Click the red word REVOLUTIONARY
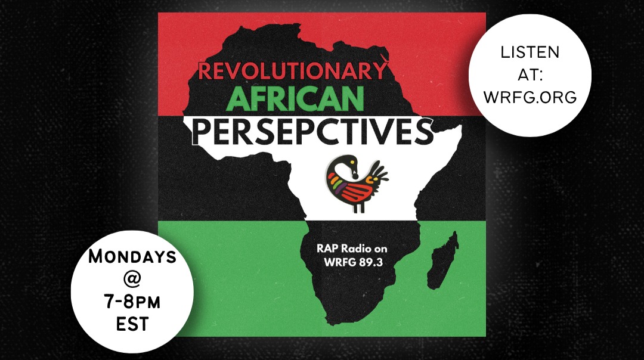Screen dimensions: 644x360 click(x=293, y=70)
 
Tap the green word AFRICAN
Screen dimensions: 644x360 click(x=295, y=99)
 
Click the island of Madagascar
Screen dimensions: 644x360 click(x=442, y=260)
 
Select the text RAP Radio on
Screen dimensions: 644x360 click(x=352, y=249)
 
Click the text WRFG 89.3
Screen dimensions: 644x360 click(x=353, y=262)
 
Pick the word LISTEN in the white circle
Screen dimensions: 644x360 click(x=530, y=52)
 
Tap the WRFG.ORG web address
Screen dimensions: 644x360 click(x=530, y=97)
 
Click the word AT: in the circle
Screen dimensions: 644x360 click(x=530, y=75)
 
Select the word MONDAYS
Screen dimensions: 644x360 click(x=132, y=256)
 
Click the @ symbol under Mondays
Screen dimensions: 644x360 click(x=132, y=280)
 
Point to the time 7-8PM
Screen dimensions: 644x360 click(x=132, y=302)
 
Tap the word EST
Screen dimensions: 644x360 click(x=132, y=324)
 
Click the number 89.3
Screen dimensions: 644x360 click(x=371, y=262)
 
